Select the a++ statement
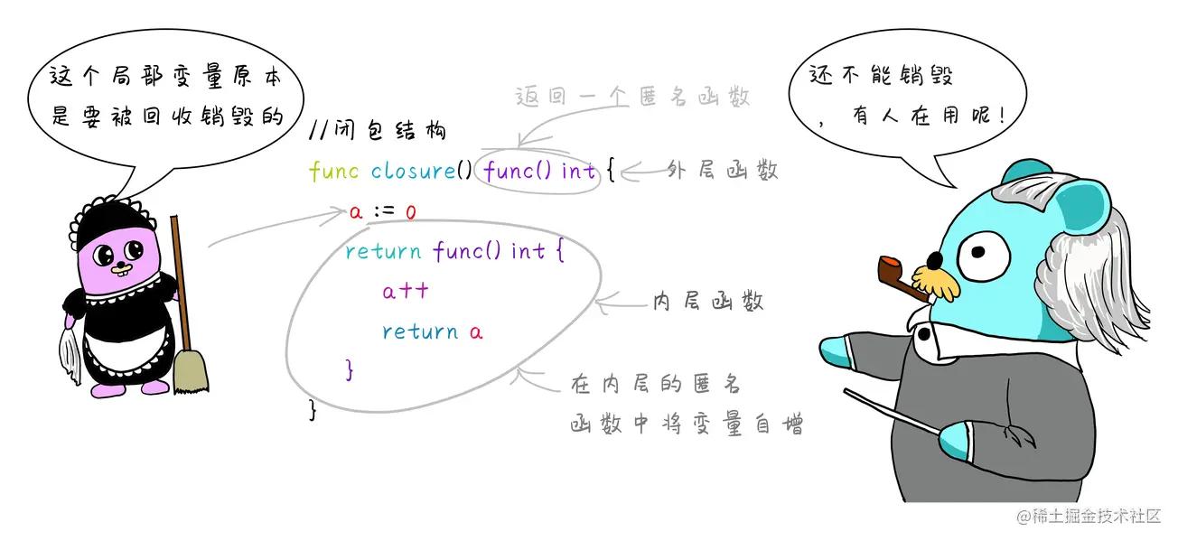pyautogui.click(x=405, y=292)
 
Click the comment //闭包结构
pyautogui.click(x=377, y=131)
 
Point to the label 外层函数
pyautogui.click(x=723, y=170)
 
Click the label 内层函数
pyautogui.click(x=708, y=302)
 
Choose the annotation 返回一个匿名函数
pyautogui.click(x=632, y=98)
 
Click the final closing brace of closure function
pyautogui.click(x=313, y=409)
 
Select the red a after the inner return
pyautogui.click(x=476, y=332)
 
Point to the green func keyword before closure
pyautogui.click(x=334, y=171)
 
